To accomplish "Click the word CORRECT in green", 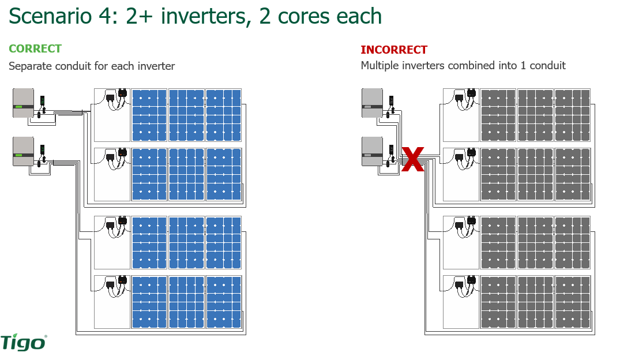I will tap(35, 49).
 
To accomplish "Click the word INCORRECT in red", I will tap(394, 50).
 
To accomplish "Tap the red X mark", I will tap(412, 159).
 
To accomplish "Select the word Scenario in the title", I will tap(50, 16).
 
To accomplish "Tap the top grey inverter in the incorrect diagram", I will tap(372, 103).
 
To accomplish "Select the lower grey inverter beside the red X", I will tap(372, 151).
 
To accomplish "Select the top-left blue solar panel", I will tap(149, 115).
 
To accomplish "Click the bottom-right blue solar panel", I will tap(223, 302).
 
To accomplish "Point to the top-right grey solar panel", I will tap(572, 115).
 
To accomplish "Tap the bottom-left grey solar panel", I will tap(498, 302).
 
